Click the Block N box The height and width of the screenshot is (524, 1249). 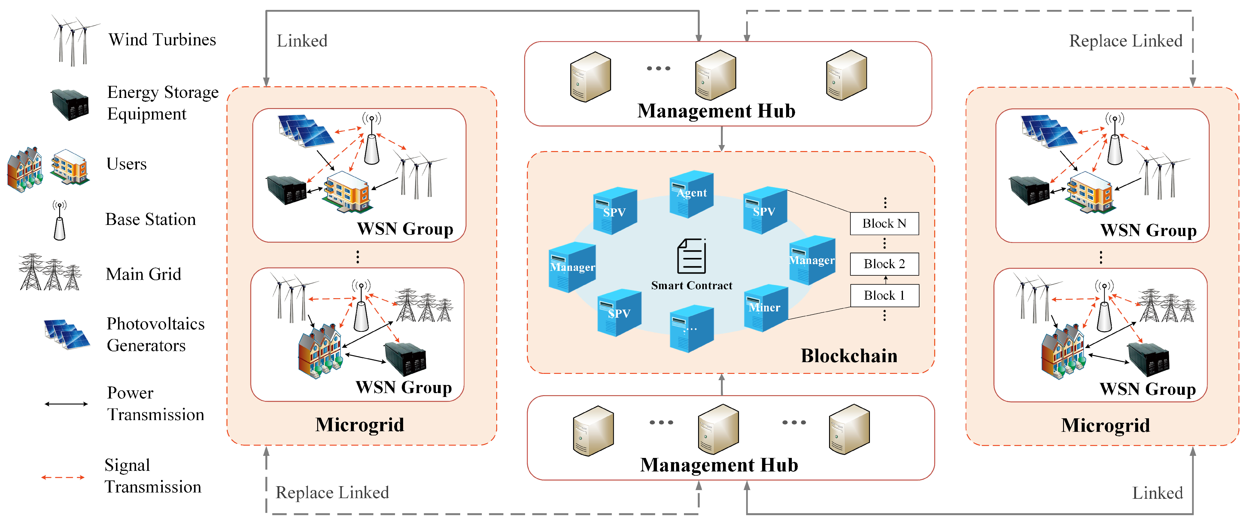coord(884,223)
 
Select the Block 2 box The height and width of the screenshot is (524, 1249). coord(884,264)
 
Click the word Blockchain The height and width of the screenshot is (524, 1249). coord(849,356)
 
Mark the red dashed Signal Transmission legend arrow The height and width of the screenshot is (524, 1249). coord(63,477)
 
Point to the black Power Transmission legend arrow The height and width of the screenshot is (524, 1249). coord(66,404)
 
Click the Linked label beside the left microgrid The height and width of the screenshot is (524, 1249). coord(302,41)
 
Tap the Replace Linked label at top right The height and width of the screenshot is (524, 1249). coord(1125,41)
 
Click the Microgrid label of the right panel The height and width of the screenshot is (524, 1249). coord(1105,425)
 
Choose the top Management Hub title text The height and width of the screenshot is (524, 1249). coord(716,111)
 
